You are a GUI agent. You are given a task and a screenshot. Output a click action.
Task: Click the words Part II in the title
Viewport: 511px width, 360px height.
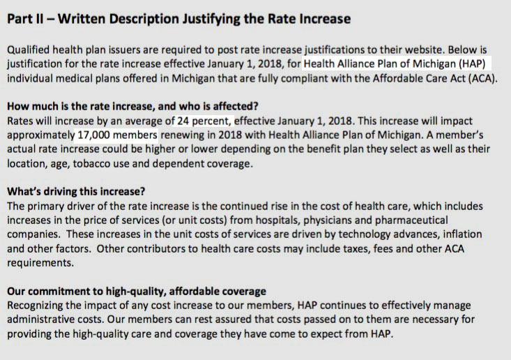[26, 18]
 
